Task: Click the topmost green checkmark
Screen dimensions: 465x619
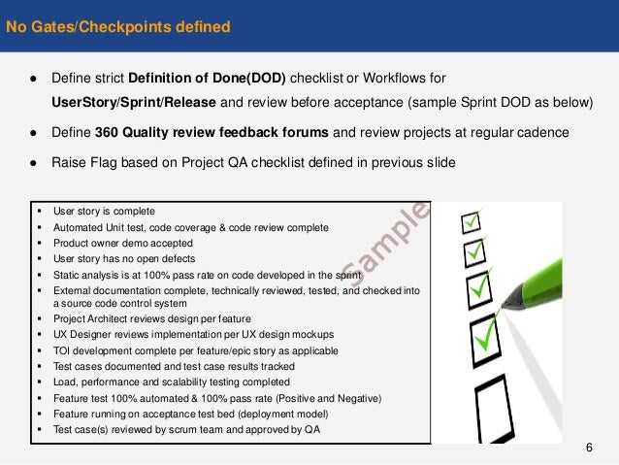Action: point(472,222)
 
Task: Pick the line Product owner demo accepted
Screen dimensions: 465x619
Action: point(123,243)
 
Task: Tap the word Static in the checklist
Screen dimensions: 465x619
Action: point(67,274)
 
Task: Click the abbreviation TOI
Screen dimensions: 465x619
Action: point(63,349)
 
